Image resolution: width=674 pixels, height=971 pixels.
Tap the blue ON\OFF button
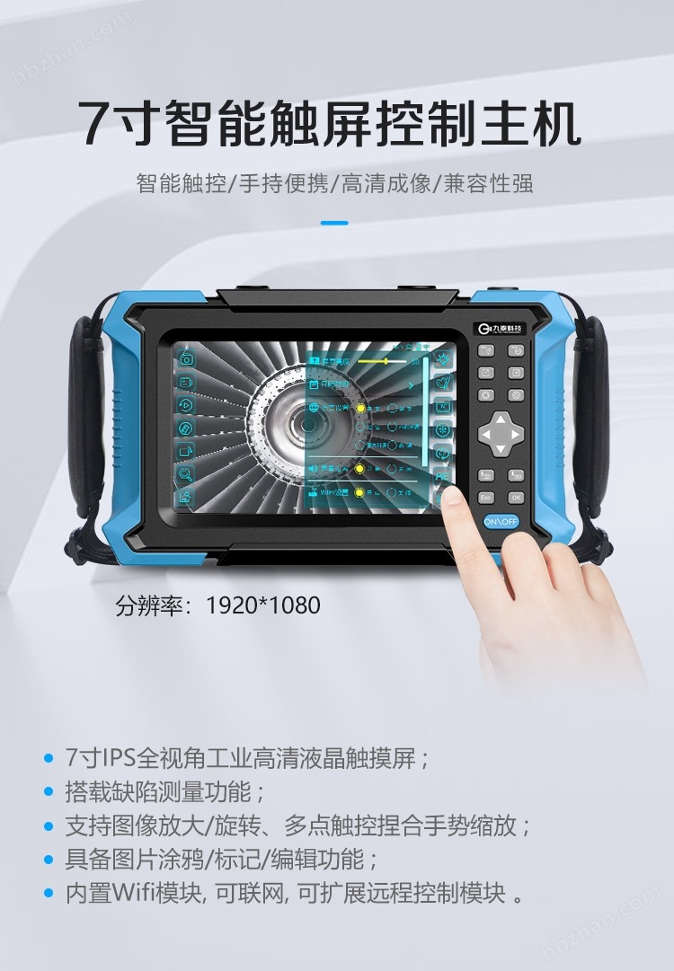coord(501,521)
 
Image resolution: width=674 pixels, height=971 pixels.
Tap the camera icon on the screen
coord(185,358)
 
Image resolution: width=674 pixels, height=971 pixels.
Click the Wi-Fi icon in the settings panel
coord(315,492)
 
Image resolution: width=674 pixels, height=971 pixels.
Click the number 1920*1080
coord(263,605)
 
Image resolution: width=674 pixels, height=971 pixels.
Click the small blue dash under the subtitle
coord(334,222)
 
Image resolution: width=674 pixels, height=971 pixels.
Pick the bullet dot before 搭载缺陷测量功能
coord(49,791)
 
